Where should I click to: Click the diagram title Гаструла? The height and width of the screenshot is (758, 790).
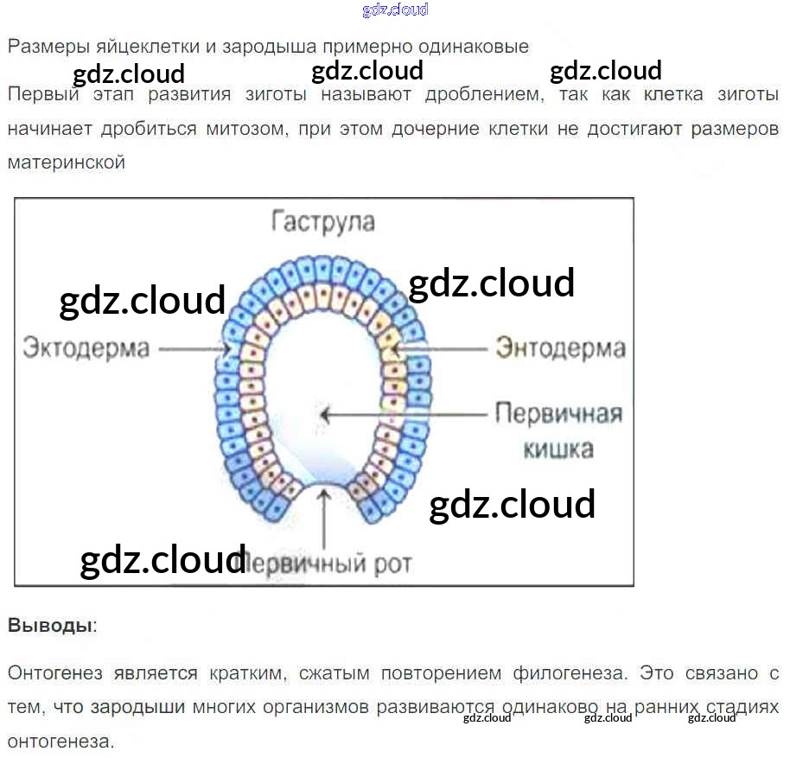point(323,222)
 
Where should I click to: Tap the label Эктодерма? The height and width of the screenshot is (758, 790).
point(86,348)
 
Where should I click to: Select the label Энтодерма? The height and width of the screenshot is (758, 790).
point(560,348)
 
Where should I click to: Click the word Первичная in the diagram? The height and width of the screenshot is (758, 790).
point(558,413)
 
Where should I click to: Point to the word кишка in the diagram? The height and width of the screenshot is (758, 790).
point(559,449)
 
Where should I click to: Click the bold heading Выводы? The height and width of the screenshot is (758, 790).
point(50,625)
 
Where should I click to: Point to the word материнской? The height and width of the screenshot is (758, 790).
point(67,162)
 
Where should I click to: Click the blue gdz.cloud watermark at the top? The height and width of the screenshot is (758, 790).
point(395,10)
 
